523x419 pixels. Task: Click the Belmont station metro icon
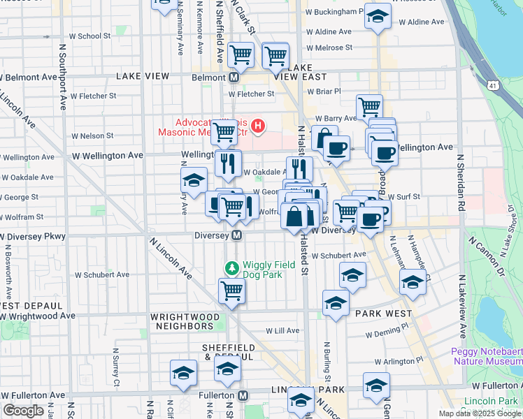tap(234, 77)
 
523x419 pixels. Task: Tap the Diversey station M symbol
tap(237, 235)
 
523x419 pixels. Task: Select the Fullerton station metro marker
tap(243, 396)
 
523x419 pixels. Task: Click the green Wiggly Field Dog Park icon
tap(232, 267)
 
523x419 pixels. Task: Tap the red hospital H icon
tap(259, 126)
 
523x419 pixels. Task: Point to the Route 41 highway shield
tap(494, 85)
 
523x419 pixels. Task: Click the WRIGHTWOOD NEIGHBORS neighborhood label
tap(182, 321)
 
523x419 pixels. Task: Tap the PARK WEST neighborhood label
tap(384, 314)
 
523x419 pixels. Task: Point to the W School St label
tap(89, 36)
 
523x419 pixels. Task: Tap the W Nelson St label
tap(92, 136)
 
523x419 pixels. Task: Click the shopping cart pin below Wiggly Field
tap(231, 290)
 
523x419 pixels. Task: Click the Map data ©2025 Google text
tap(478, 413)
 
